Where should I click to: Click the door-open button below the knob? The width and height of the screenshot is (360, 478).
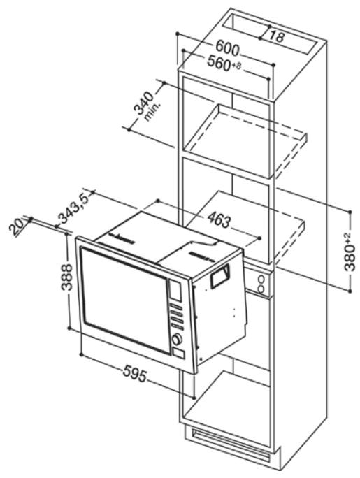(180, 354)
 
